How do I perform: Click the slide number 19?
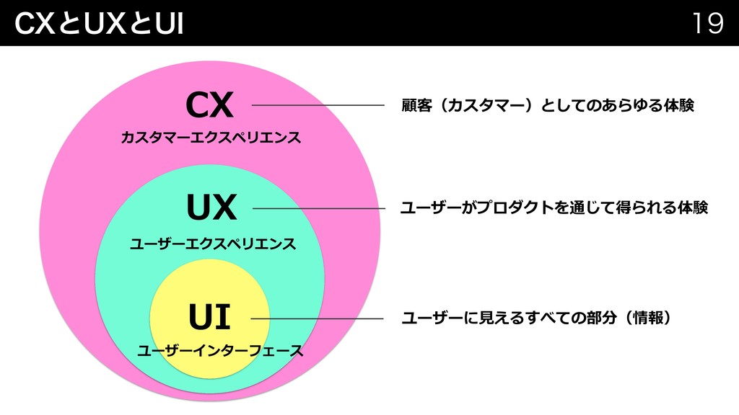(x=707, y=24)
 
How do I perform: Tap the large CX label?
(x=209, y=106)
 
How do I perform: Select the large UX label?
(x=211, y=209)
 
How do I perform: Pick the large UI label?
(x=209, y=317)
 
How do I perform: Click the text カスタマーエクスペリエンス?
(x=211, y=137)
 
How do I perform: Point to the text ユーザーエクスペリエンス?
(x=212, y=244)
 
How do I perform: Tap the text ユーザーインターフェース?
(x=219, y=352)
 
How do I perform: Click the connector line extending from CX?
(x=317, y=106)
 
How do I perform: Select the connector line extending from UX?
(x=318, y=209)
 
